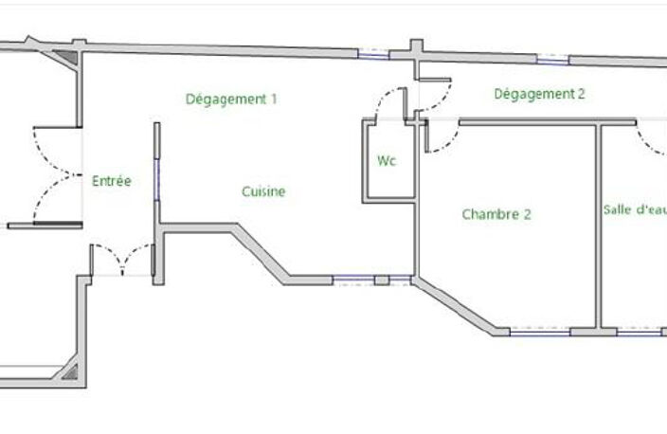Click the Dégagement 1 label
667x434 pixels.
231,99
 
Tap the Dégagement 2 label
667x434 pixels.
539,94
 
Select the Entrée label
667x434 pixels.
112,181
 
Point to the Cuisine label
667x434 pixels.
263,191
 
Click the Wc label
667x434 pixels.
387,161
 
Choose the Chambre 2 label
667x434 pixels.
496,214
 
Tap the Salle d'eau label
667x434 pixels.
635,209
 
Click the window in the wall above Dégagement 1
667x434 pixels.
373,54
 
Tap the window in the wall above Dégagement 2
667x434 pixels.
552,60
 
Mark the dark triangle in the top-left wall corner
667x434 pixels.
68,57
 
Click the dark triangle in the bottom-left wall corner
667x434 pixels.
71,372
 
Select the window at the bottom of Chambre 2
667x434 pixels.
539,332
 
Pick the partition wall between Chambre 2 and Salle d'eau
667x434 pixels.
598,226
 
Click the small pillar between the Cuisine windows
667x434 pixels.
382,280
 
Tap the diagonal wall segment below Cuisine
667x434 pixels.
261,254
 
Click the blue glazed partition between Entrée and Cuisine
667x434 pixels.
156,179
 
